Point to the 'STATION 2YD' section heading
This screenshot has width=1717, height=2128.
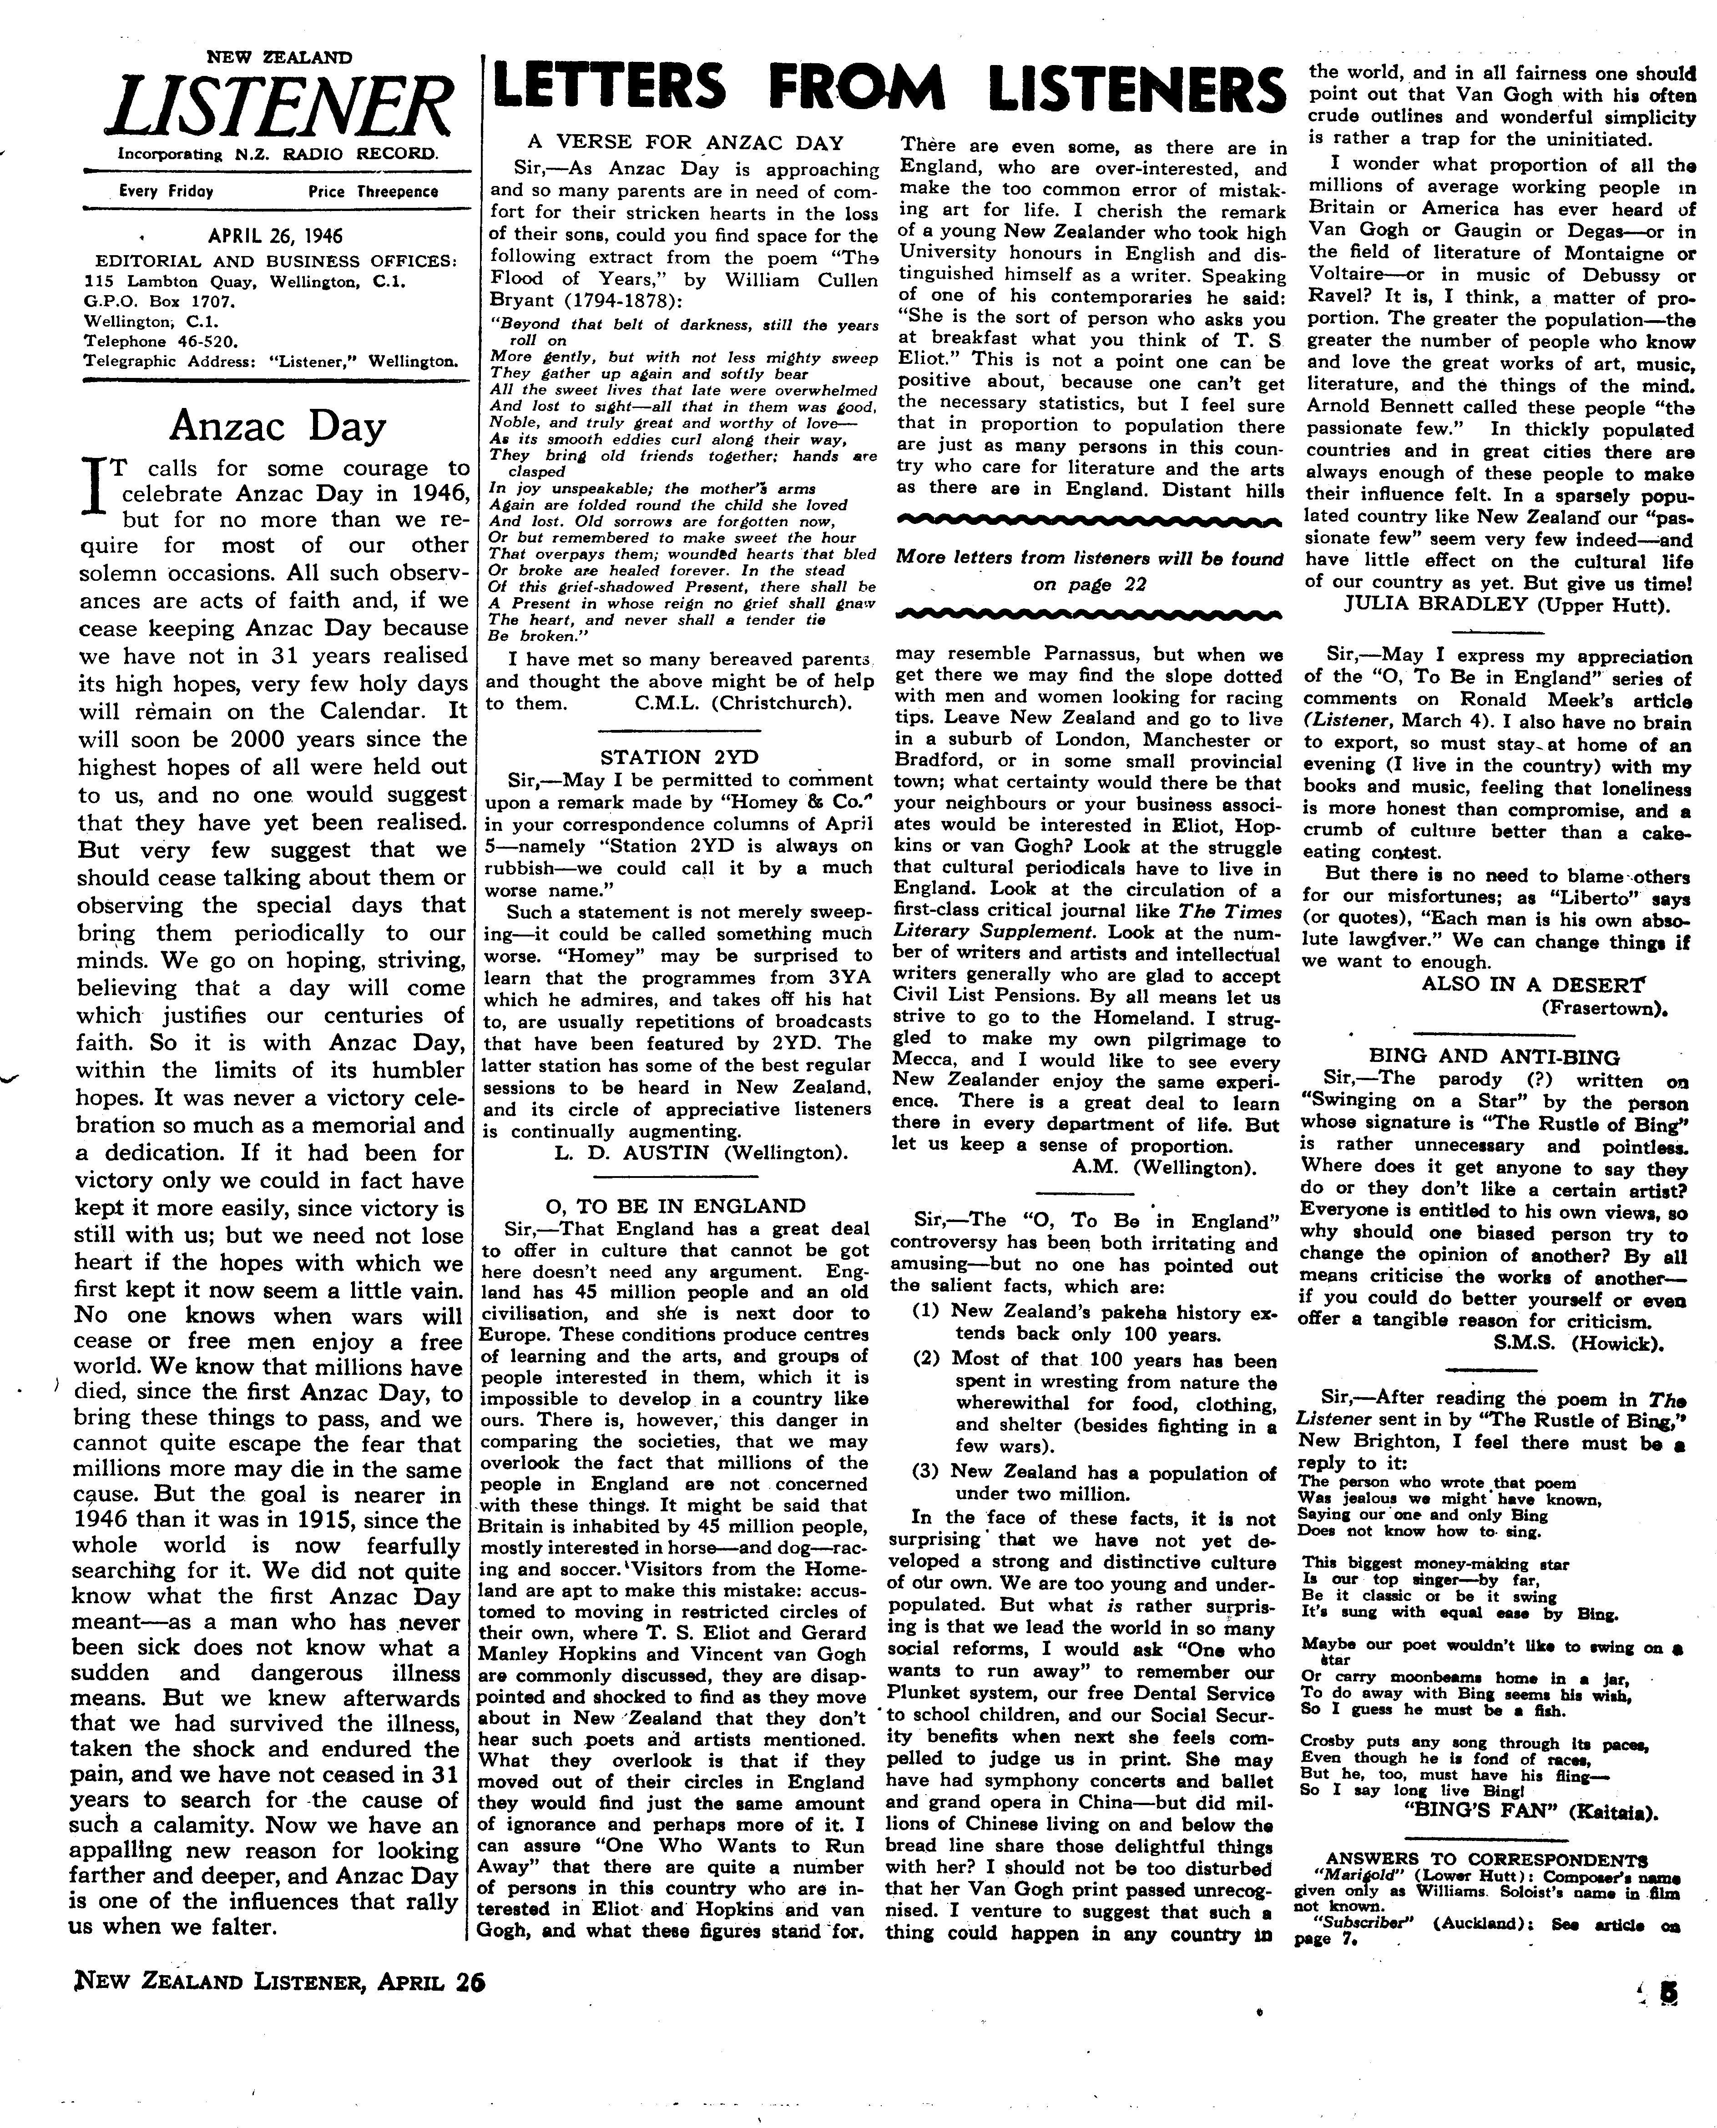click(680, 757)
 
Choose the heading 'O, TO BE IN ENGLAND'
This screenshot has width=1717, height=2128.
click(676, 1205)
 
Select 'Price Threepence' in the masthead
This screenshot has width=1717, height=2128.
click(373, 192)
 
